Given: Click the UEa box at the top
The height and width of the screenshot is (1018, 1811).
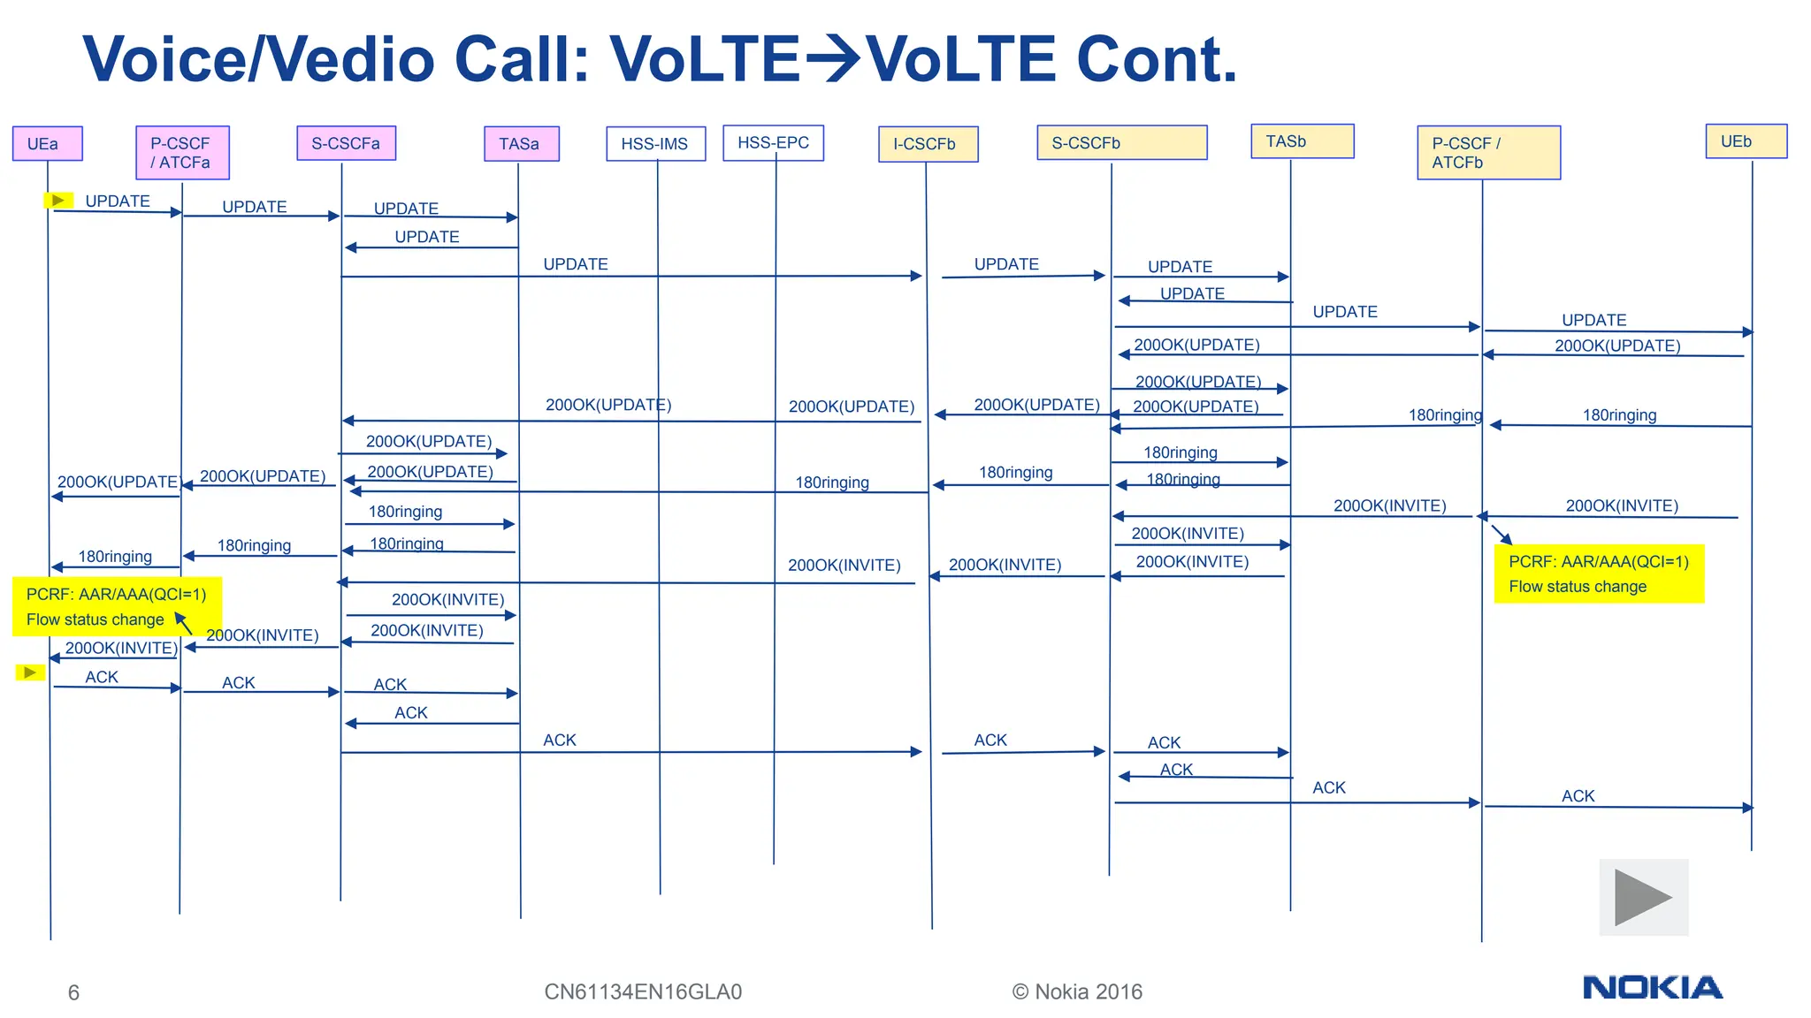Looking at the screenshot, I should tap(47, 144).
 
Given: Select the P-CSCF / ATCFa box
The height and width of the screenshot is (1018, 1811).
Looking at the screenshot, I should tap(182, 153).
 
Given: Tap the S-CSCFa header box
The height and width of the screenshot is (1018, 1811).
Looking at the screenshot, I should tap(346, 143).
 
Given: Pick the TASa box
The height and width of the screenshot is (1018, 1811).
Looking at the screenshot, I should tap(521, 144).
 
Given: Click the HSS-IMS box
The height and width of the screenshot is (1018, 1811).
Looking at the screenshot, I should tap(655, 144).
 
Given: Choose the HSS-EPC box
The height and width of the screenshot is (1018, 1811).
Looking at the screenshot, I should tap(773, 143).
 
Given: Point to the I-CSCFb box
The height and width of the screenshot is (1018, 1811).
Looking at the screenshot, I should tap(928, 144).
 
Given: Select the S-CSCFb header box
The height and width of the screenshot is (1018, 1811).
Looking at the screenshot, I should tap(1121, 143).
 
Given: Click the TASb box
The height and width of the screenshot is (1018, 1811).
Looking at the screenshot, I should tap(1302, 141).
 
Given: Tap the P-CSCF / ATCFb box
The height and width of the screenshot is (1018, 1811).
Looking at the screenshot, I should tap(1488, 153).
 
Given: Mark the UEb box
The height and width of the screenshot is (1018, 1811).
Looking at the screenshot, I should tap(1746, 141).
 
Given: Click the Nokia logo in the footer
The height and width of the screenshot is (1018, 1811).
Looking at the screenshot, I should tap(1652, 987).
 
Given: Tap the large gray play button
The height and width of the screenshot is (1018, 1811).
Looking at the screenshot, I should tap(1643, 897).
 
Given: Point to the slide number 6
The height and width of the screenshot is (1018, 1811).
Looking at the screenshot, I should tap(73, 992).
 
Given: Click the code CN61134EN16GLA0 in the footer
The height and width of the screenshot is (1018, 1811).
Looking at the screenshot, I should tap(643, 991).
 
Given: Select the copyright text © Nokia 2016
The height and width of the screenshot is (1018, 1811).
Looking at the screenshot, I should tap(1077, 991).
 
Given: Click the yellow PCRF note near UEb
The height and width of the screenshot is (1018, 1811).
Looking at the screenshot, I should tap(1598, 574).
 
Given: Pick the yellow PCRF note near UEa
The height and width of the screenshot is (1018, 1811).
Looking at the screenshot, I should tap(116, 606).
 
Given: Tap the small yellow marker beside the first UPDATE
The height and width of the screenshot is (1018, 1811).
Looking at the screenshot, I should tap(58, 201).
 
